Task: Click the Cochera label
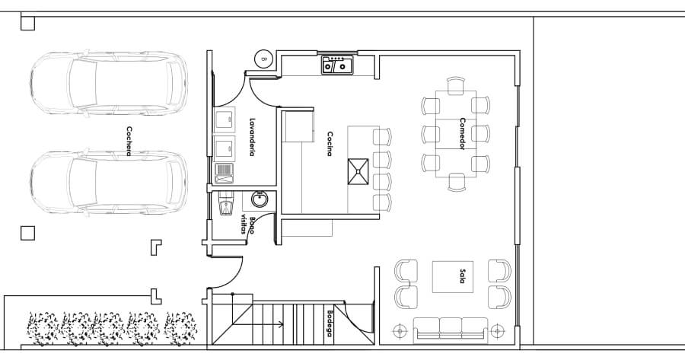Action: point(129,141)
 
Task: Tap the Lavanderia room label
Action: point(252,137)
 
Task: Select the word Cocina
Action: point(330,144)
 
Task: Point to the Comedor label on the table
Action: point(462,134)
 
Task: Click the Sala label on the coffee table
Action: point(462,276)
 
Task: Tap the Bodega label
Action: point(330,323)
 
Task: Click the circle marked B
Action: point(264,58)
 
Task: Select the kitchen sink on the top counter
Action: point(337,65)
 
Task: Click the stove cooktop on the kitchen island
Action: point(358,172)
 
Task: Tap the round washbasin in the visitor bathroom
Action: point(260,199)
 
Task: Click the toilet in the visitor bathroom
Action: point(225,205)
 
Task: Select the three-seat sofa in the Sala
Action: point(451,330)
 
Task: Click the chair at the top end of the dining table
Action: point(456,85)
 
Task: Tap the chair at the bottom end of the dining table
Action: point(457,182)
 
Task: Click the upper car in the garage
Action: point(109,83)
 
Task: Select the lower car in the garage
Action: point(109,182)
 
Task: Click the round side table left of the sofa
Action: point(400,331)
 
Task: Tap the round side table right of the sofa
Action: point(498,331)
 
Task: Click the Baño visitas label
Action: point(248,225)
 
